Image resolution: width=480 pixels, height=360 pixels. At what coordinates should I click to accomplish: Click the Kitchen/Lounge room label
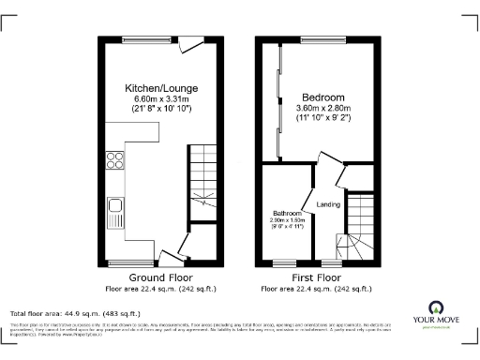click(159, 88)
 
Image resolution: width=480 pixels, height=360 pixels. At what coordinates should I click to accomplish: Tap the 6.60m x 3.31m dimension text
click(159, 98)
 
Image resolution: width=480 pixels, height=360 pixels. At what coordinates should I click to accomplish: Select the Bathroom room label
click(286, 213)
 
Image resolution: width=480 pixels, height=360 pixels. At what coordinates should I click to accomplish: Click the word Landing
click(328, 204)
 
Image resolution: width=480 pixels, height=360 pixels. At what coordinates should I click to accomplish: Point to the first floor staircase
click(358, 230)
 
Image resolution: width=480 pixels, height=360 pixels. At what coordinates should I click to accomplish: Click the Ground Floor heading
click(160, 278)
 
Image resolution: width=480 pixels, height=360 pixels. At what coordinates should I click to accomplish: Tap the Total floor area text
click(75, 313)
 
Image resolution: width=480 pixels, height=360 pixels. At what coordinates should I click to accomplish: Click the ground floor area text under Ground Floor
click(160, 289)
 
